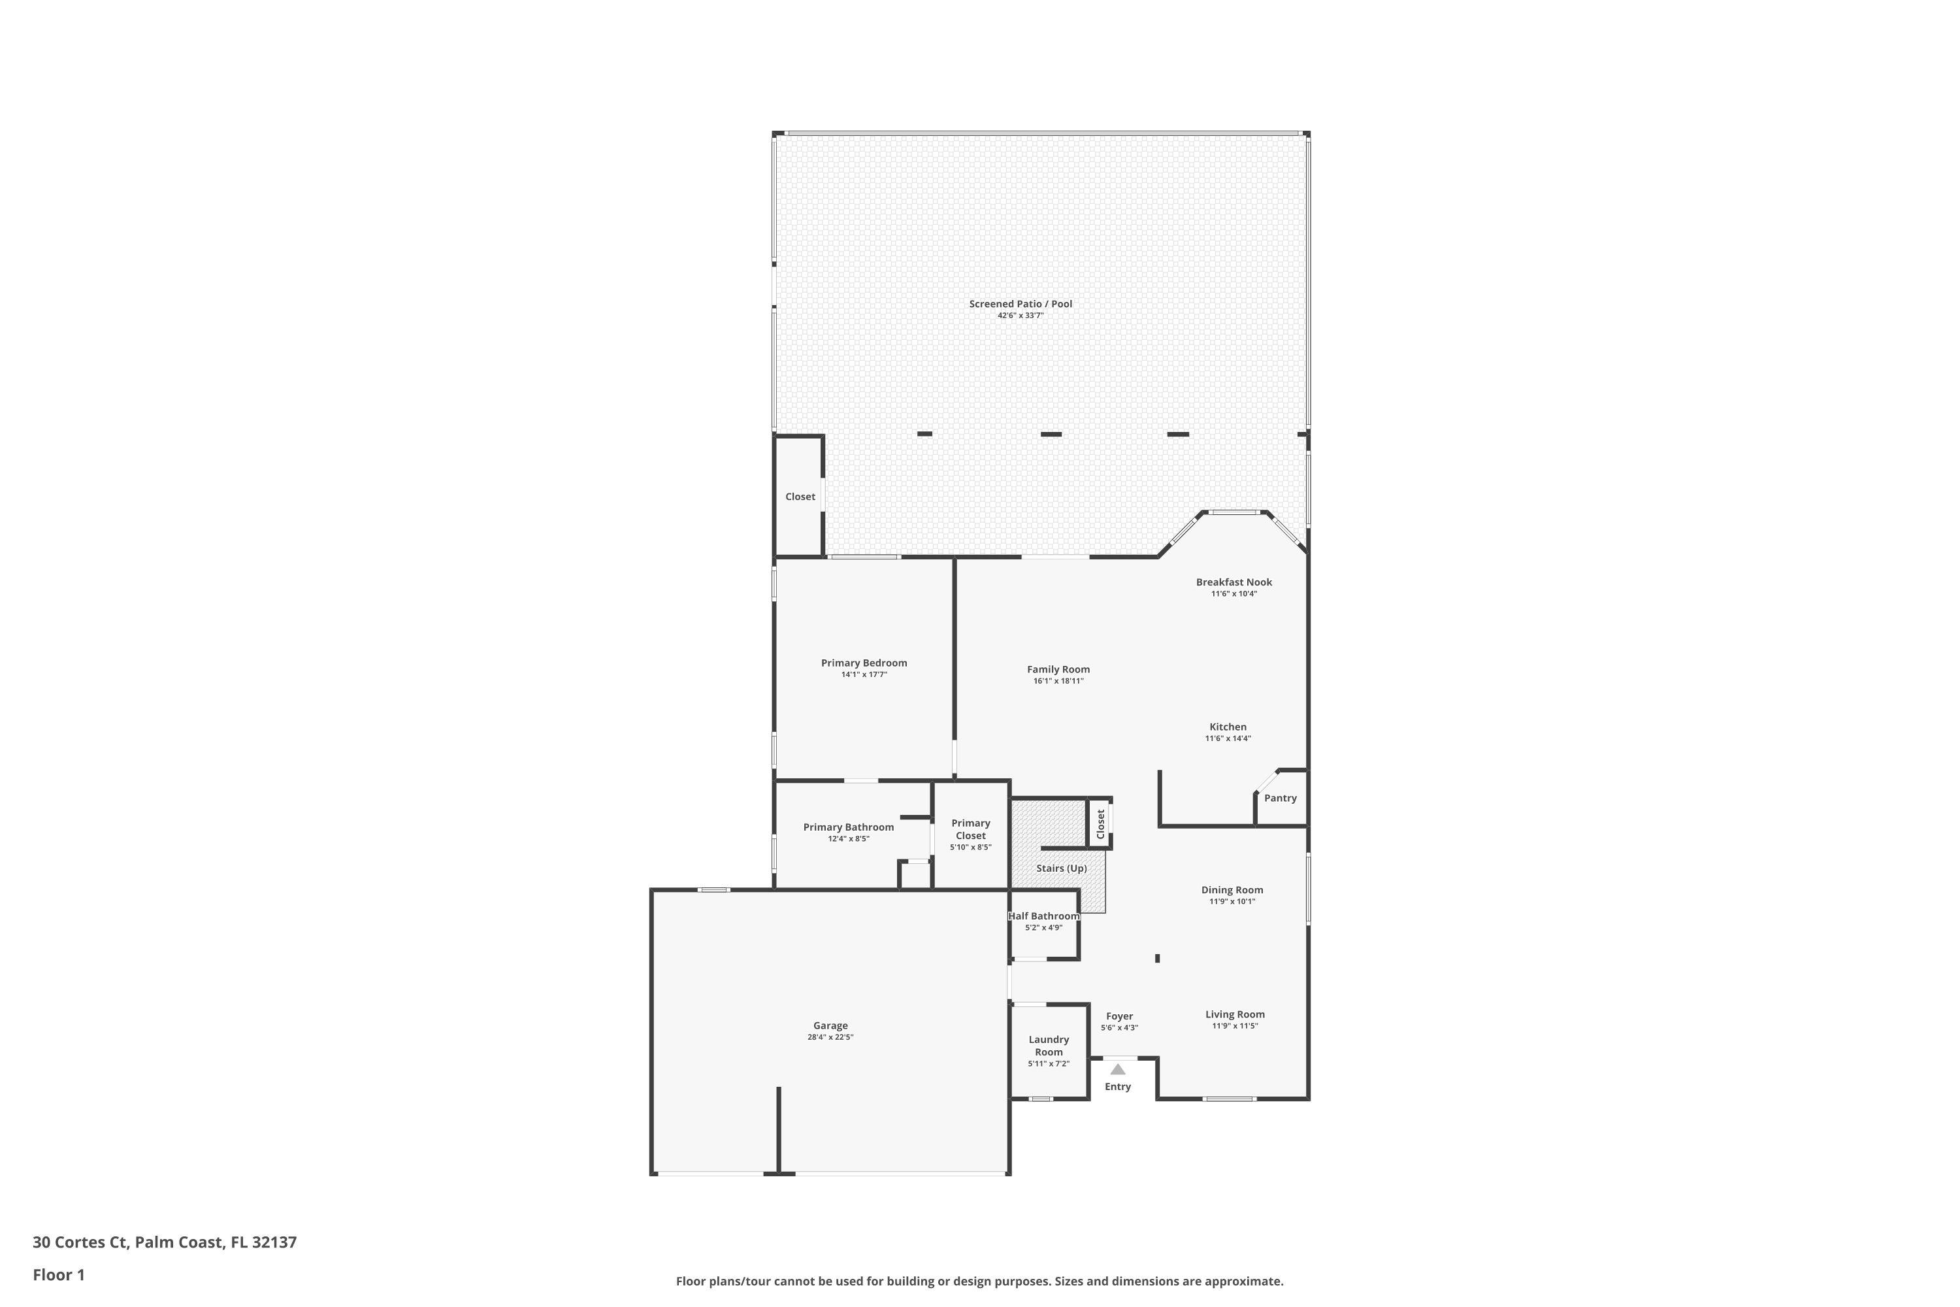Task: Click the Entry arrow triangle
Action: click(1117, 1069)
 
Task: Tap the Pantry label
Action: click(1280, 799)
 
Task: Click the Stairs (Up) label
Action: click(1062, 869)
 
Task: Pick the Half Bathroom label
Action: click(1043, 916)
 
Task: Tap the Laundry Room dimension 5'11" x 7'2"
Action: click(1049, 1064)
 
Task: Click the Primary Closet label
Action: click(971, 829)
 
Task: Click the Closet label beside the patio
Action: click(800, 497)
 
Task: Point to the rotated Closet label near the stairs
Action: click(1101, 824)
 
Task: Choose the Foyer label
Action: click(1119, 1017)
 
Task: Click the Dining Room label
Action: click(1232, 890)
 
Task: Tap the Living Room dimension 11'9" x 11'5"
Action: click(1235, 1026)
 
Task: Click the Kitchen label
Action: click(1228, 727)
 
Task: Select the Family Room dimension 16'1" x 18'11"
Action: click(1058, 681)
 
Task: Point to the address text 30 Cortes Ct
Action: click(80, 1243)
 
